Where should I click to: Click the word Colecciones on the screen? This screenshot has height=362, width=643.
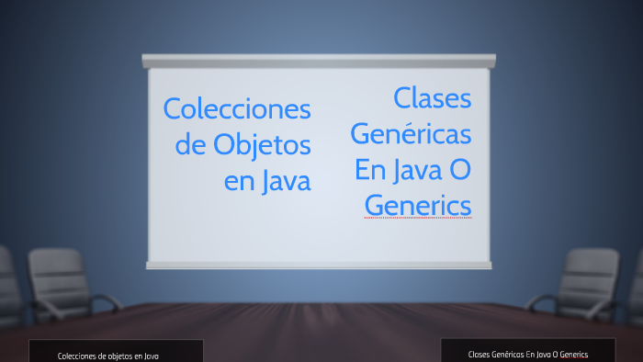237,108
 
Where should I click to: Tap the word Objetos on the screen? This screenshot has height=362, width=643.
262,144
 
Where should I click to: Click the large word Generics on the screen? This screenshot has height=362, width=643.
418,204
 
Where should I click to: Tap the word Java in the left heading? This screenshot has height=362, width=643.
285,180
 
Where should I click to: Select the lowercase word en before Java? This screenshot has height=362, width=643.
238,181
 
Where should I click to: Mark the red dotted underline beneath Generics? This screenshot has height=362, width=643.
418,219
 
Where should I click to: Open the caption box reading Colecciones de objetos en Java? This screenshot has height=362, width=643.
116,353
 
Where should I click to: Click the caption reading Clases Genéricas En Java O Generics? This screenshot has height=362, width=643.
528,352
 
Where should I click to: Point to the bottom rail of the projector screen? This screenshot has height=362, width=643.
319,265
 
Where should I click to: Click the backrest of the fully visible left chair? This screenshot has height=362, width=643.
56,271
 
